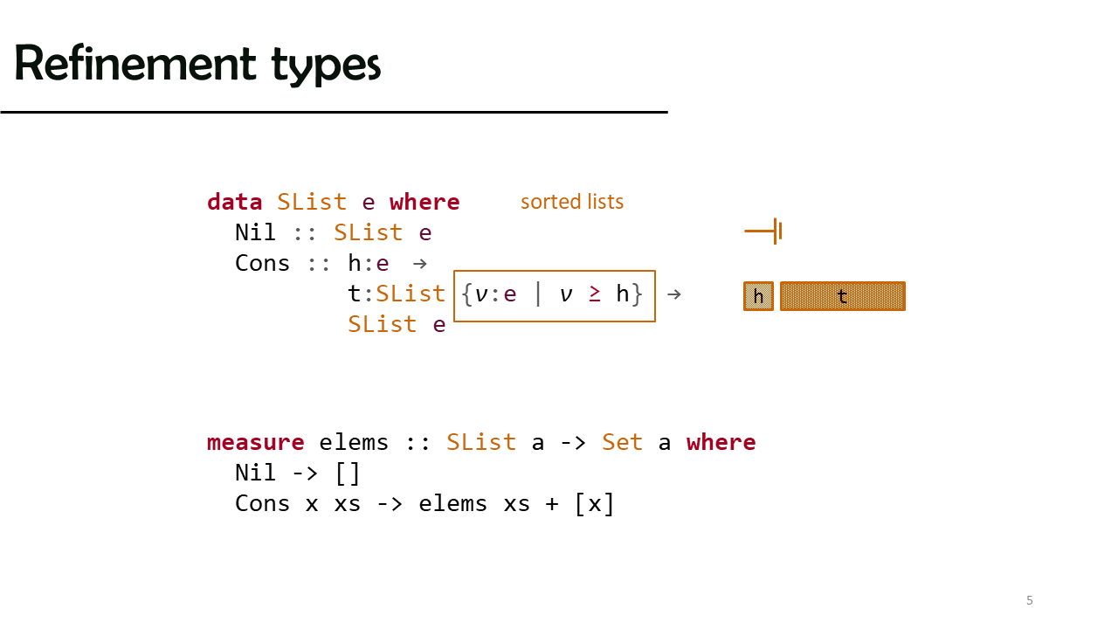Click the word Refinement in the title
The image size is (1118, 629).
pos(135,63)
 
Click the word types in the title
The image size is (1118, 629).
pos(326,66)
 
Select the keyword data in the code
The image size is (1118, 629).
pos(235,202)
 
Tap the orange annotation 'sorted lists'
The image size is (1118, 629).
pos(572,202)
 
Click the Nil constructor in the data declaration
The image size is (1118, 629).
pos(255,232)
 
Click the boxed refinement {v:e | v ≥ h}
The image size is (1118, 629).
pos(555,296)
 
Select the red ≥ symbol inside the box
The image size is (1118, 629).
pos(595,294)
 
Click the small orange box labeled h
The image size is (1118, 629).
pos(758,296)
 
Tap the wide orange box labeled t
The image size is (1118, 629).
pos(843,296)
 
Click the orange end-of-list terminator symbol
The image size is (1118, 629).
pos(763,232)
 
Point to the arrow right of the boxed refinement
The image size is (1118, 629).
pos(673,294)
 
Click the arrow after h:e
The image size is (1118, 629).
pos(420,264)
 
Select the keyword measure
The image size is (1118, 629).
pos(256,442)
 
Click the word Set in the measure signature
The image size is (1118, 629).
pos(622,442)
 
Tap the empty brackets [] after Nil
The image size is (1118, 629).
pos(348,473)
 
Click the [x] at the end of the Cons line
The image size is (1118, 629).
pos(594,504)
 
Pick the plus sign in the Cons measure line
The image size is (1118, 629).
pos(551,504)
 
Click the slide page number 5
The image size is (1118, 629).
pos(1029,600)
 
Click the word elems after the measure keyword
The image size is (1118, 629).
pos(354,442)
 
